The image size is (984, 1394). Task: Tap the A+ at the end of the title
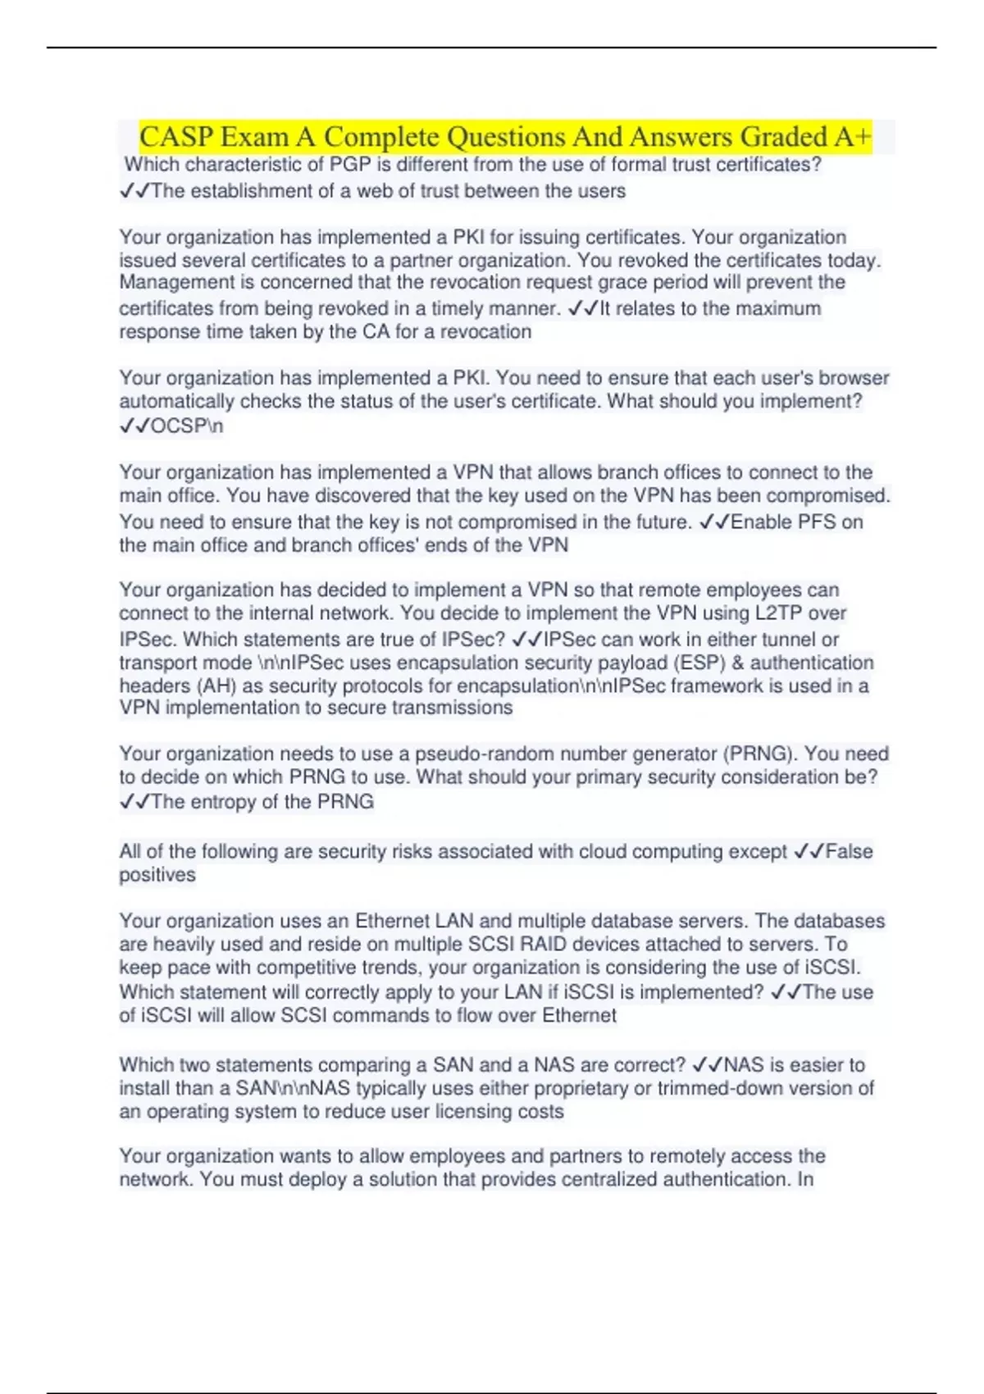[x=853, y=136]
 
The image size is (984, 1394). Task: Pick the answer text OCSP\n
[x=187, y=426]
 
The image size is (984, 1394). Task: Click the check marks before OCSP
[x=134, y=426]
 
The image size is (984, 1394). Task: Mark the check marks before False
[x=809, y=852]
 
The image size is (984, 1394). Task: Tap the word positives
[x=157, y=875]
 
